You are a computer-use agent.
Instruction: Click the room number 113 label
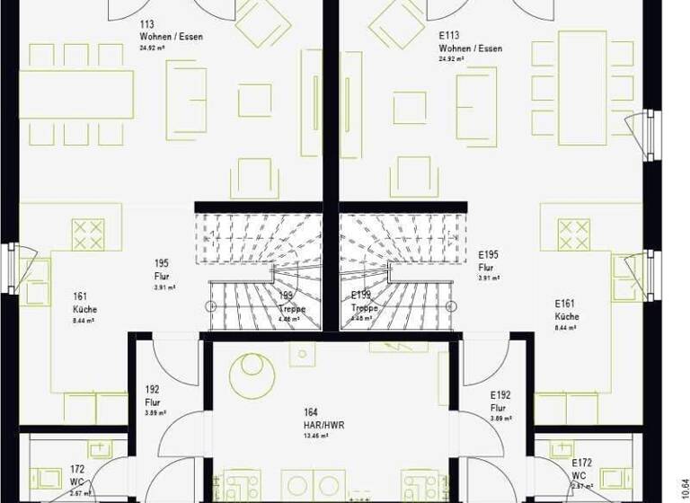[147, 25]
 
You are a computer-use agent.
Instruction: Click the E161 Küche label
[567, 310]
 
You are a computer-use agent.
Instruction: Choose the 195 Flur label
[162, 270]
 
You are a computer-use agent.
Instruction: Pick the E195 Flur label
[489, 261]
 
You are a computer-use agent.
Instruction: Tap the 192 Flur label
[153, 395]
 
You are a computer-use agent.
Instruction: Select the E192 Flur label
[500, 401]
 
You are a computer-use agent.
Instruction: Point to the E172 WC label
[583, 468]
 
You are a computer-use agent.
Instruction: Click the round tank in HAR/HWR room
[252, 375]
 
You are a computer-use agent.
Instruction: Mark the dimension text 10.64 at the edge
[684, 467]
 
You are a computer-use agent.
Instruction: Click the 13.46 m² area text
[314, 435]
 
